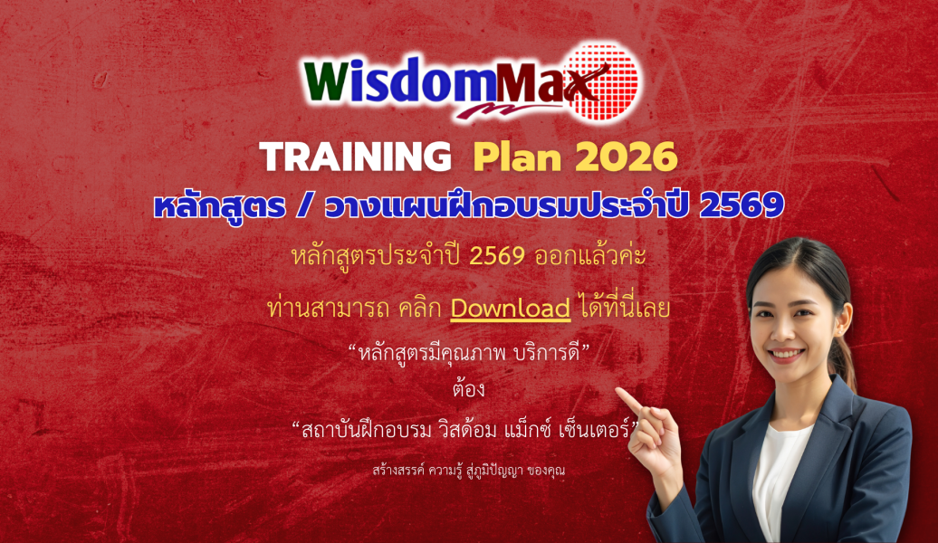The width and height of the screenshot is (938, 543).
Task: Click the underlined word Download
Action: pos(511,308)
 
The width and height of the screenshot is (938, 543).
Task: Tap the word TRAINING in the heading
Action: pos(355,158)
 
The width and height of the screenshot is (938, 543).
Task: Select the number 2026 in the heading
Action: pos(626,158)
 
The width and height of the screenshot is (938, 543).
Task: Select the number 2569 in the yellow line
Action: pos(497,256)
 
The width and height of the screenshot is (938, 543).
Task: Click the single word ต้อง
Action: pos(468,390)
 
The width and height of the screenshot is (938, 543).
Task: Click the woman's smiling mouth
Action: pos(785,355)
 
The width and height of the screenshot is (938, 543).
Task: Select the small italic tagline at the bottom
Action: pos(468,471)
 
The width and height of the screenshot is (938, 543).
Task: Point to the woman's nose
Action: pos(784,332)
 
